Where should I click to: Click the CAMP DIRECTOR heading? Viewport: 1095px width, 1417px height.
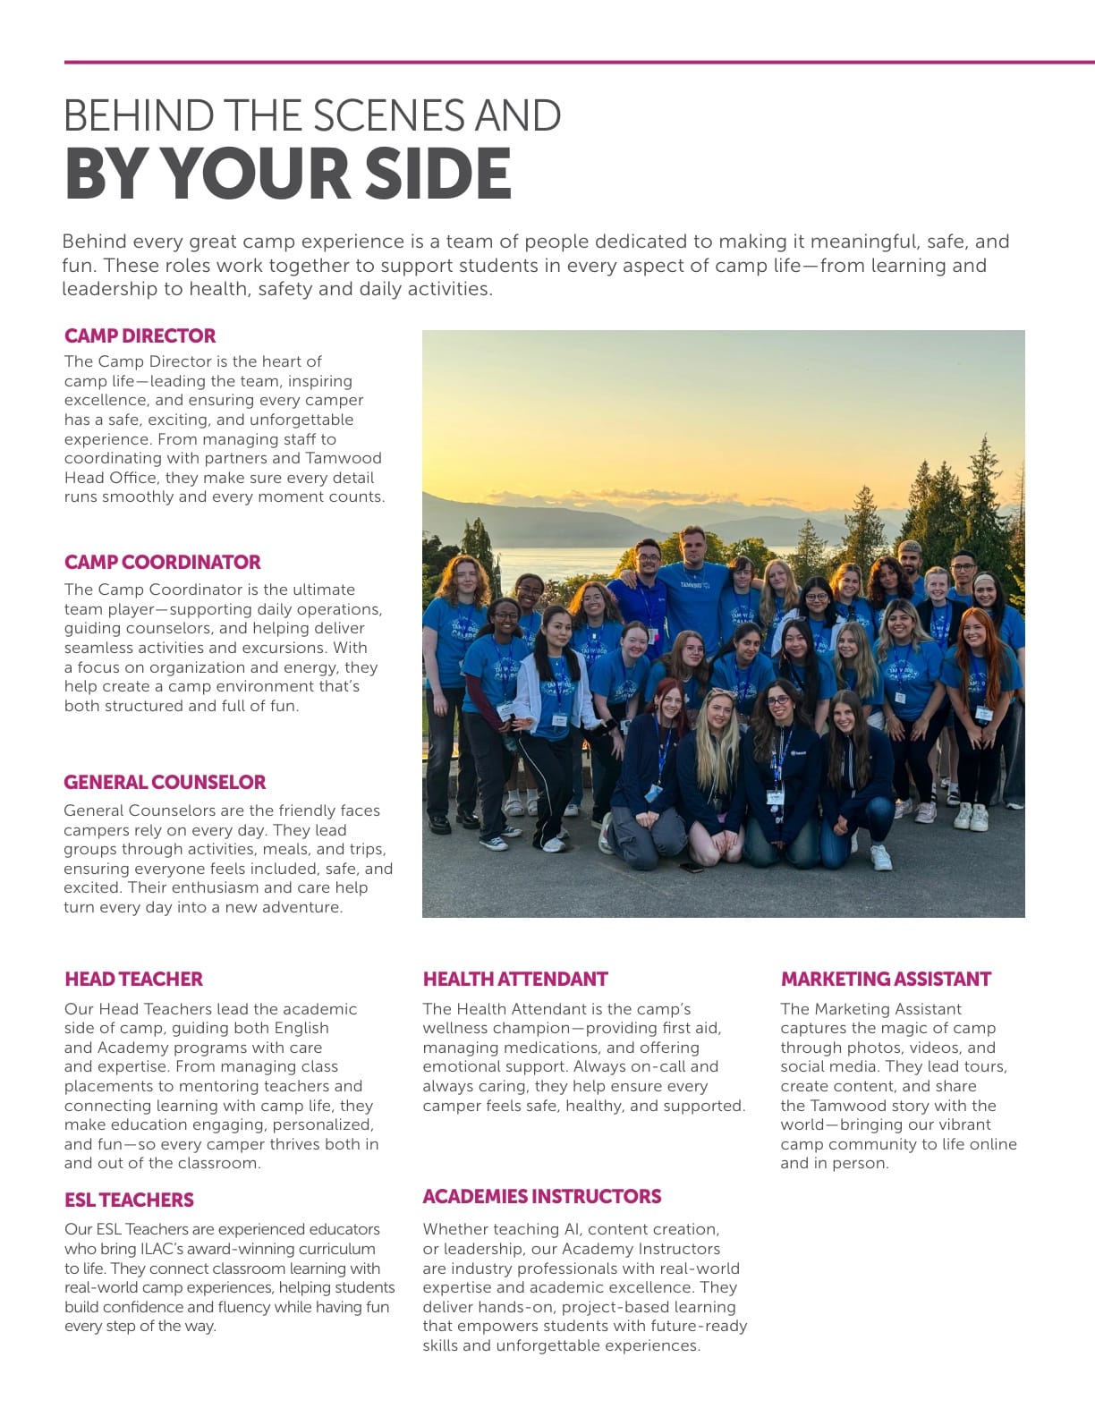click(140, 336)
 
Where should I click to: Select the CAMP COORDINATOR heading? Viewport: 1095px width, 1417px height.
click(162, 563)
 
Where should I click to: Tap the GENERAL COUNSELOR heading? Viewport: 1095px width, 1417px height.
click(165, 783)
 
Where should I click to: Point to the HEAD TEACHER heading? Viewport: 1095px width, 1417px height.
click(133, 980)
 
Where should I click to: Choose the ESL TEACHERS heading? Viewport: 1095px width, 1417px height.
click(129, 1201)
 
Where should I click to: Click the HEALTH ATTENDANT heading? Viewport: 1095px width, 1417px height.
click(515, 980)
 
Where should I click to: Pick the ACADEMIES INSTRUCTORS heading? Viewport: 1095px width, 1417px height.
click(541, 1197)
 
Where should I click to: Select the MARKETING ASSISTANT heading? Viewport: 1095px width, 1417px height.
click(886, 980)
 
